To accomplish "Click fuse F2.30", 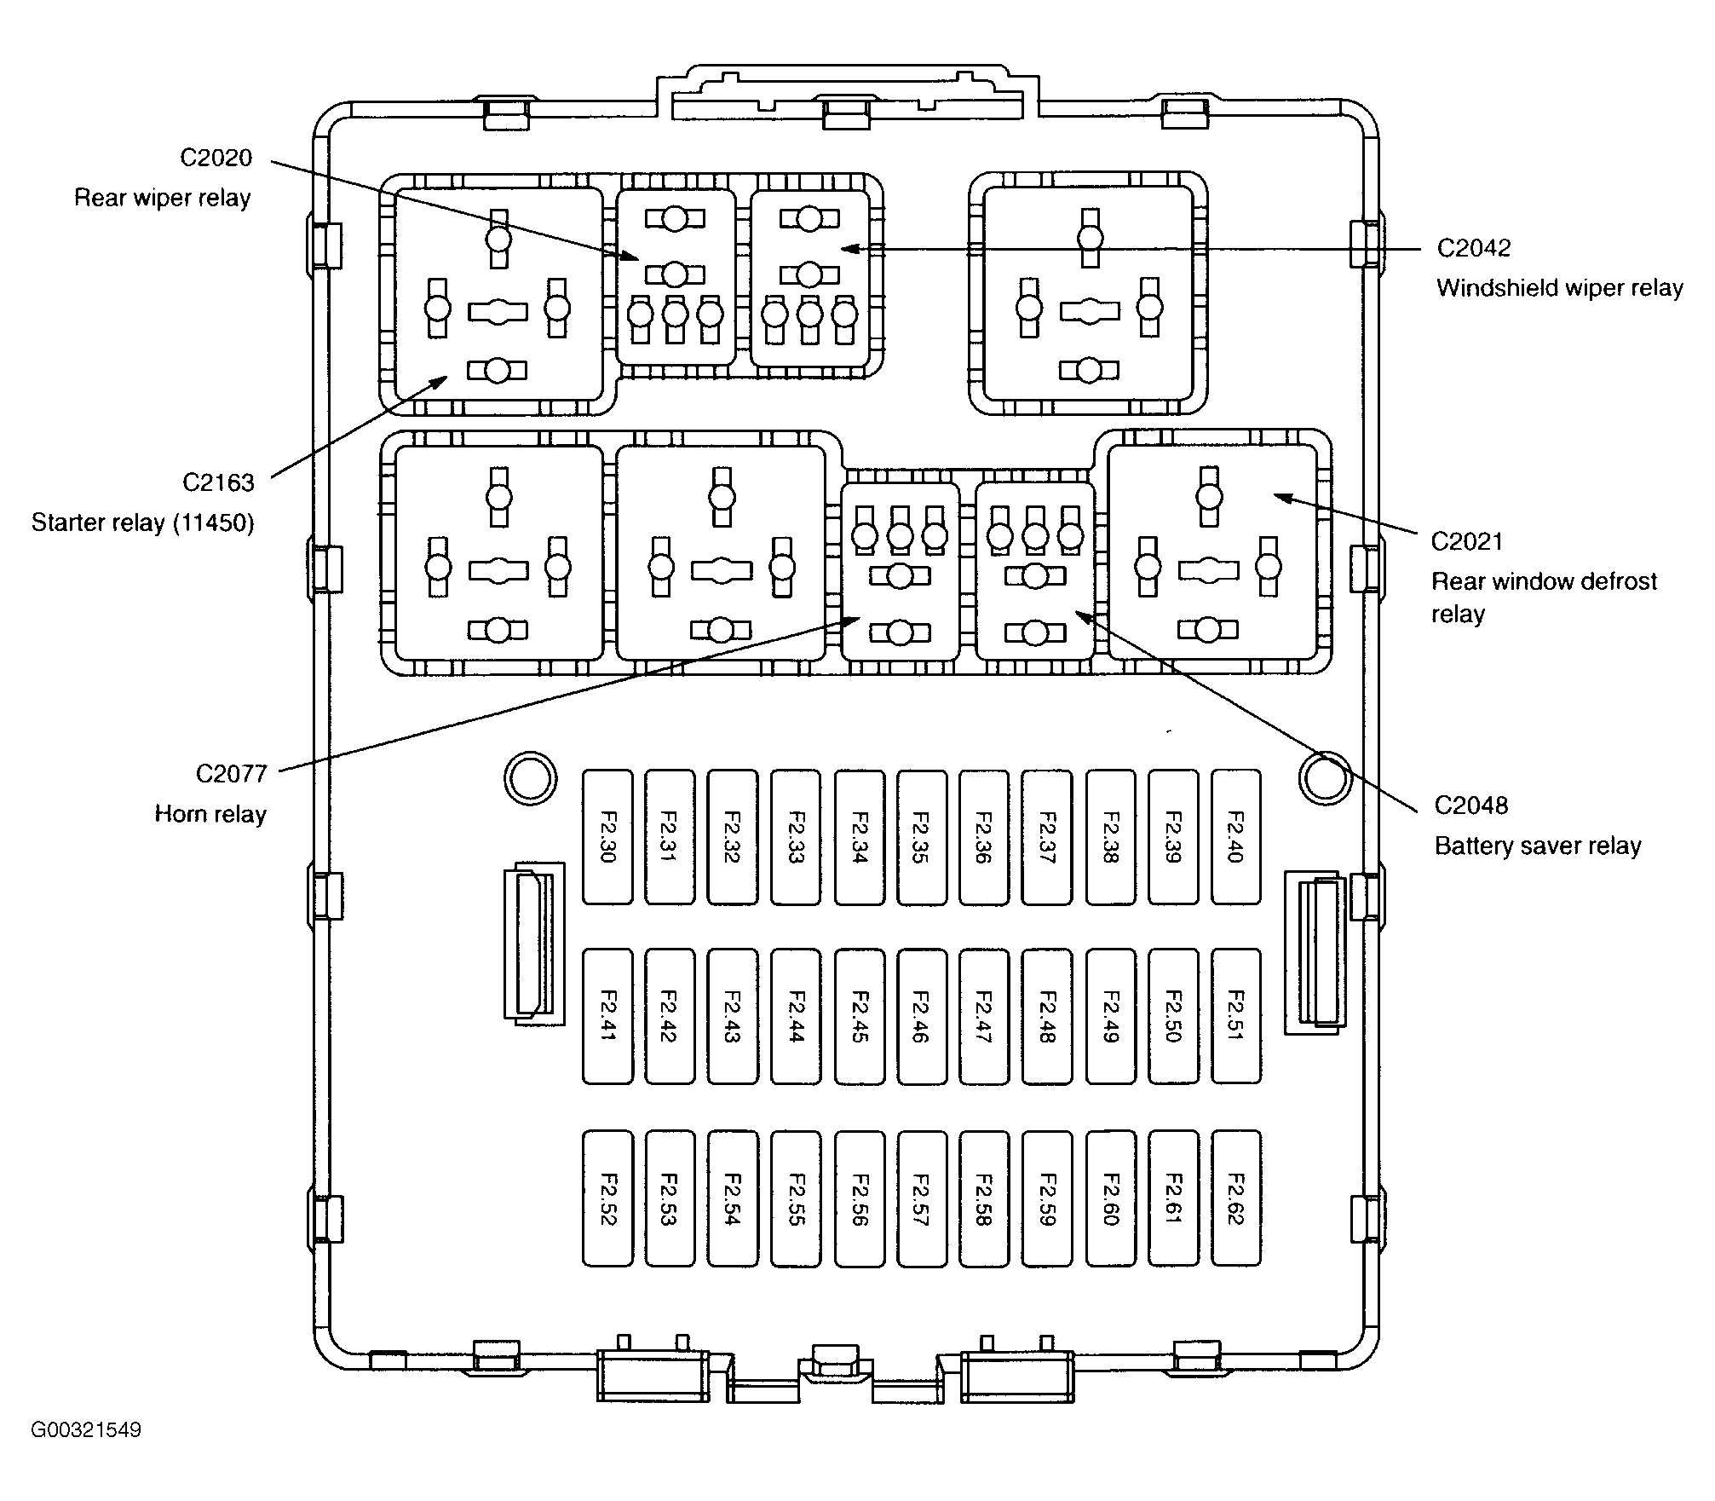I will (x=607, y=837).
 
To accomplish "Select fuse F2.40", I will (x=1235, y=837).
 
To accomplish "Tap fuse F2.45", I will (x=859, y=1016).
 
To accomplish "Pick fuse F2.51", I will (x=1235, y=1016).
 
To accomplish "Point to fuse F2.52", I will (x=607, y=1198).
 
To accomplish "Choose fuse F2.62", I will (x=1235, y=1198).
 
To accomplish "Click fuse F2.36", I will (x=984, y=837).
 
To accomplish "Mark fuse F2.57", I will (x=921, y=1198).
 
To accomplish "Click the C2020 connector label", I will (x=216, y=158).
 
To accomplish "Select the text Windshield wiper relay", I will (x=1559, y=288).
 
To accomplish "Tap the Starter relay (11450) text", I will (x=143, y=522).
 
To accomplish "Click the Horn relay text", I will (x=210, y=814).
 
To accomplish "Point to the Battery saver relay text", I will (x=1537, y=846).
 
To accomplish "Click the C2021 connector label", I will (x=1467, y=541).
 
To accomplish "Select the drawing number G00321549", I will (x=86, y=1429).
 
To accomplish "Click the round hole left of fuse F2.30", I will (x=530, y=777).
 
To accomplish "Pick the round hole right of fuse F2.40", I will (x=1325, y=777).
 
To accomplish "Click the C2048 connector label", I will (x=1471, y=805).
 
